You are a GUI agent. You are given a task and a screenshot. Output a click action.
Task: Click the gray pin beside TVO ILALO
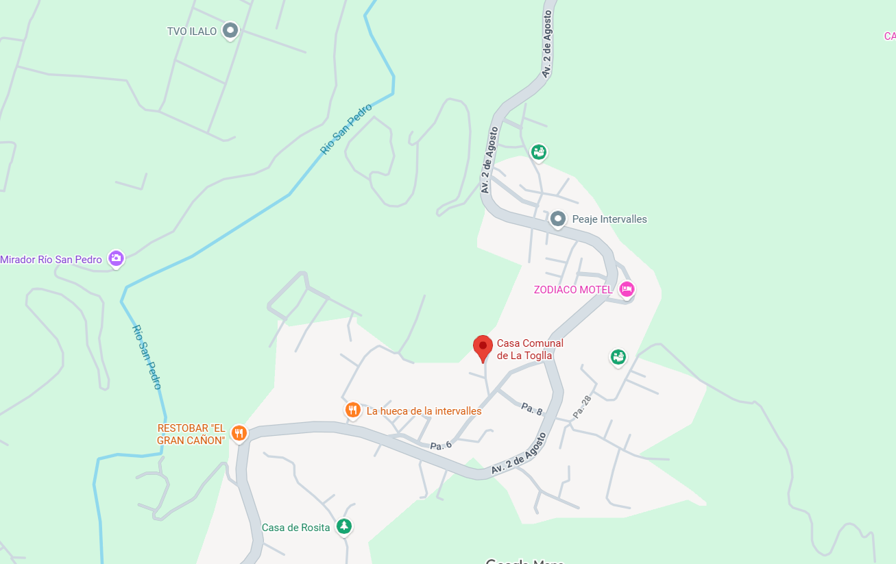[x=230, y=30]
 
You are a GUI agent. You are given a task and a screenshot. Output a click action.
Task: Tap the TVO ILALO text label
[x=192, y=32]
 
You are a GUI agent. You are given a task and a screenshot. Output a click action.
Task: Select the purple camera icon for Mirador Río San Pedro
[x=117, y=258]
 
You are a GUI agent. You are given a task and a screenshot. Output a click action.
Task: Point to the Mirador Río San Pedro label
[x=51, y=260]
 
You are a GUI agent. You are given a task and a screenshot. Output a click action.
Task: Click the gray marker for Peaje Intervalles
[x=558, y=219]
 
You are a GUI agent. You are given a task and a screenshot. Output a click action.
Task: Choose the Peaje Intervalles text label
[x=609, y=219]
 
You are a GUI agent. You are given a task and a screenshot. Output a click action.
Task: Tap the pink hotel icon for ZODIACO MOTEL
[x=626, y=289]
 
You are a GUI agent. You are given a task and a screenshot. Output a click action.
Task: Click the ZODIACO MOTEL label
[x=573, y=290]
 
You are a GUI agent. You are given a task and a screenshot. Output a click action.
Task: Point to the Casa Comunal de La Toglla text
[x=530, y=349]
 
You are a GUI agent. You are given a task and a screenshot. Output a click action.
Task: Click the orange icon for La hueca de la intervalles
[x=352, y=410]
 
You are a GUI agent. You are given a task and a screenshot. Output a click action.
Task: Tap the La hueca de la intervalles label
[x=424, y=411]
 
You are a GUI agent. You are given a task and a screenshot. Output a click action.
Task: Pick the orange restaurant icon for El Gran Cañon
[x=239, y=432]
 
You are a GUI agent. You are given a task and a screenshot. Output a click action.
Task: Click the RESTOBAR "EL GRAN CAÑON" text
[x=191, y=434]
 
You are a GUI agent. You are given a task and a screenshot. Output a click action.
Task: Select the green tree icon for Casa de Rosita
[x=344, y=526]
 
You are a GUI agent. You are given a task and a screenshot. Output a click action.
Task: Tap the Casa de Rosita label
[x=295, y=528]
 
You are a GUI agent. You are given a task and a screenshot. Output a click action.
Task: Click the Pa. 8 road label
[x=532, y=408]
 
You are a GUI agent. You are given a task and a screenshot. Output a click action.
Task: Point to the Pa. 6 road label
[x=441, y=445]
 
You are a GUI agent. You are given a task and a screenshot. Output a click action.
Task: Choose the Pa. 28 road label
[x=581, y=407]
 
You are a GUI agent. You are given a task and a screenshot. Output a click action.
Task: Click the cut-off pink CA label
[x=890, y=36]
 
